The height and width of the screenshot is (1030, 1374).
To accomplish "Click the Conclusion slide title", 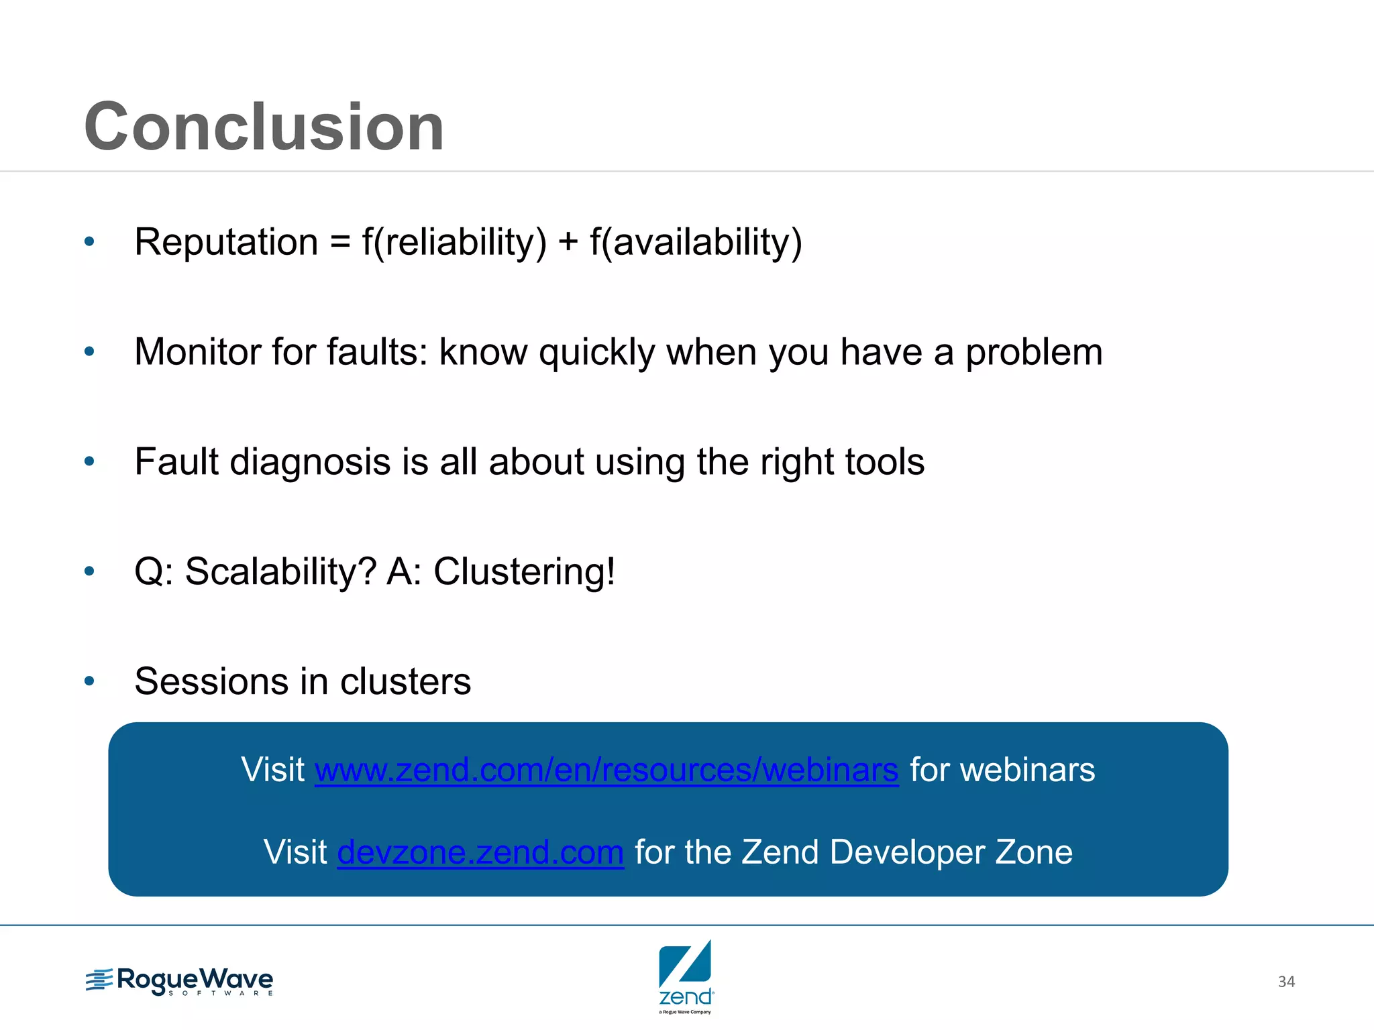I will point(264,127).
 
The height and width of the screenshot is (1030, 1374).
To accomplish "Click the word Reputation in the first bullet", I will point(226,242).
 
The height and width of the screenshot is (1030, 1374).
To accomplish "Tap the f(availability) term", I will point(696,242).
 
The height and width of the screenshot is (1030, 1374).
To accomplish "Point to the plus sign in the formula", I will point(568,242).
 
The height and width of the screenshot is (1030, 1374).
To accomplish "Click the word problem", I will point(1033,353).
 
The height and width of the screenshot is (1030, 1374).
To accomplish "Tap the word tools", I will point(884,462).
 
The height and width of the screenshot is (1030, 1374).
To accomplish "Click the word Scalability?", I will point(280,572).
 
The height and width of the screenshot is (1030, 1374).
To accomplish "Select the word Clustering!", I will point(524,572).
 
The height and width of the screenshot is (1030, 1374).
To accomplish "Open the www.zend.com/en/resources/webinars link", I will point(606,770).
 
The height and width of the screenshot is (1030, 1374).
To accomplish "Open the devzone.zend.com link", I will point(480,852).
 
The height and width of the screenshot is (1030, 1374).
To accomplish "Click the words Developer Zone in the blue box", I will point(951,852).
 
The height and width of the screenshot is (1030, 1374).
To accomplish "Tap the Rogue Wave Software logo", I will point(180,981).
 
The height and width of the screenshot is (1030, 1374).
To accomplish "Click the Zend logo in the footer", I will point(685,976).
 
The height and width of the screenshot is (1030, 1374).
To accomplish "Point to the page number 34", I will point(1285,982).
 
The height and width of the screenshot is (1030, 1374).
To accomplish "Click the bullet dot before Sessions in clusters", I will point(90,681).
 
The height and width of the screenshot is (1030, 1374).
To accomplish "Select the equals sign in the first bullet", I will point(340,243).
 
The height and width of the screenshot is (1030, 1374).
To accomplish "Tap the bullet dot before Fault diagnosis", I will point(90,461).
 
